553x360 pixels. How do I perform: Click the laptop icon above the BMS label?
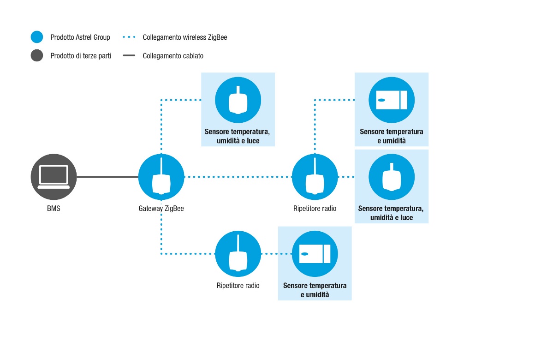(x=54, y=177)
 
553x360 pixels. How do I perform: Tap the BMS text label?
(x=54, y=209)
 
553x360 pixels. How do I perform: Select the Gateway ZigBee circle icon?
(x=161, y=177)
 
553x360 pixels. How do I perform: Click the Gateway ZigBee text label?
(x=161, y=209)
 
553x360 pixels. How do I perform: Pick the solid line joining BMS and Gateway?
(x=107, y=177)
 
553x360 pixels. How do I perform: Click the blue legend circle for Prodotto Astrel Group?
(x=37, y=37)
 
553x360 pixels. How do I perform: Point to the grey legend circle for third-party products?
(x=37, y=55)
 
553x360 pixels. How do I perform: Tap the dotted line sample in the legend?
(x=129, y=37)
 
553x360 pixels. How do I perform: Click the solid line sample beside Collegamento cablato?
(x=129, y=55)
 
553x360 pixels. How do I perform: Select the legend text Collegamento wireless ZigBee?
(x=185, y=37)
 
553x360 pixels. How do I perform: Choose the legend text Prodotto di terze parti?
(x=81, y=56)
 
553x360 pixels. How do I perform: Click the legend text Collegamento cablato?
(x=173, y=56)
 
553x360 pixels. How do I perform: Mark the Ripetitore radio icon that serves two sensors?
(x=315, y=177)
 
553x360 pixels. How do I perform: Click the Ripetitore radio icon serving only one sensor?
(x=238, y=254)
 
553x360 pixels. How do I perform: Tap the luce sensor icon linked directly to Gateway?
(x=238, y=100)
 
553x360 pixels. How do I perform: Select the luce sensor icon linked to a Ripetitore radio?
(x=392, y=177)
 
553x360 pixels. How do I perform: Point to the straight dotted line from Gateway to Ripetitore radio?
(x=238, y=177)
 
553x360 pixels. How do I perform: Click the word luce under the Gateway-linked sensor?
(x=253, y=141)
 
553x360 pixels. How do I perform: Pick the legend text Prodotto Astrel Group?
(x=80, y=37)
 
